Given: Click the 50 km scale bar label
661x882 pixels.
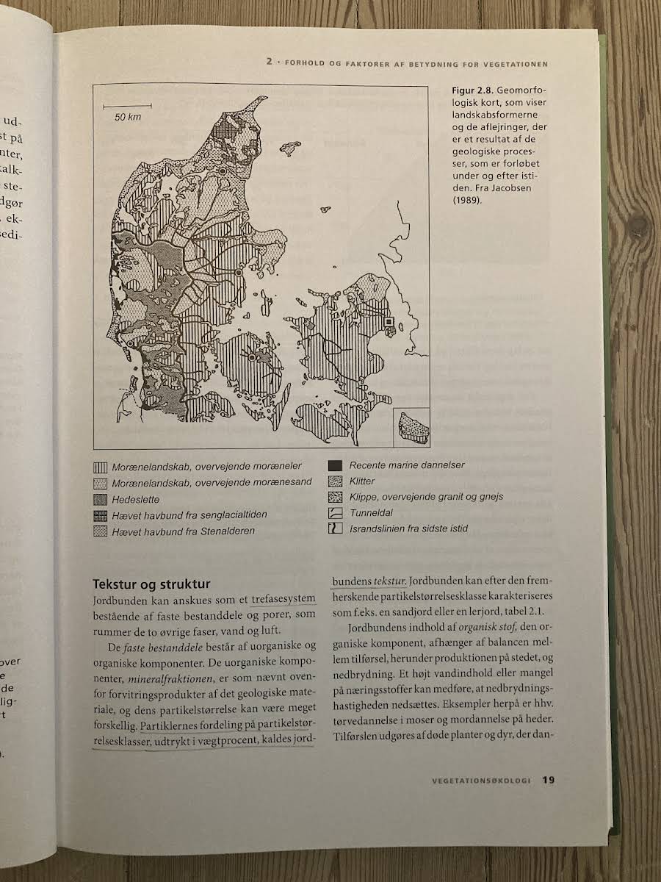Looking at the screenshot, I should pos(127,118).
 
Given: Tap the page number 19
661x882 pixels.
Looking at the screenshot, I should pos(549,780).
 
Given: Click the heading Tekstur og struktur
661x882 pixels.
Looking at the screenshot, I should pos(151,584).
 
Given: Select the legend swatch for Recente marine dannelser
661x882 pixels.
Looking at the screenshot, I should pos(335,465).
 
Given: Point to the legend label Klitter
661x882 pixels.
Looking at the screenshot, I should pos(362,481).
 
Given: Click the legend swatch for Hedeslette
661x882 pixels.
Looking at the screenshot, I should pos(101,499).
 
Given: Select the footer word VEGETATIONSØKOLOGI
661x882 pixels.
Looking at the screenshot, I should pos(481,781).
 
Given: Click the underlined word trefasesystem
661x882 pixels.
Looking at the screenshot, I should pos(281,599).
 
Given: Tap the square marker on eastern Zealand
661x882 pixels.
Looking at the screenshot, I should pos(389,321).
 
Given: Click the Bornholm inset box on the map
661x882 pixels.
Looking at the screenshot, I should pos(412,427).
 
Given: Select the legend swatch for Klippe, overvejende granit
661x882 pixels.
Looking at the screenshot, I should pos(335,497).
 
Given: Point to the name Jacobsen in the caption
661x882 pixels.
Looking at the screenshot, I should pos(513,187).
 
